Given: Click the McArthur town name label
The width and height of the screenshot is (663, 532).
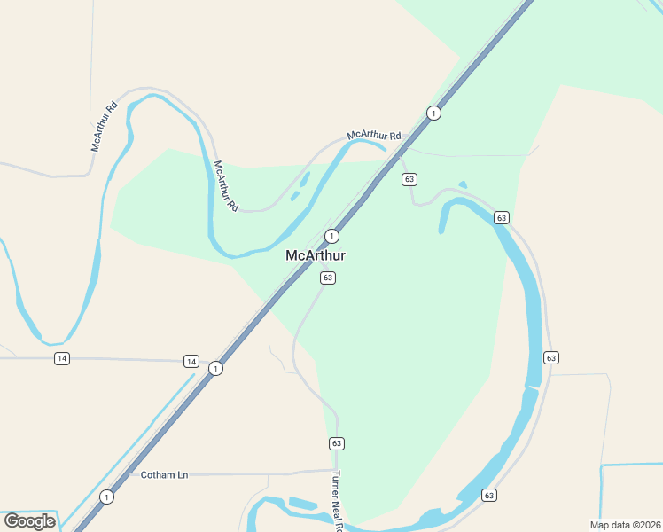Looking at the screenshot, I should pyautogui.click(x=316, y=255).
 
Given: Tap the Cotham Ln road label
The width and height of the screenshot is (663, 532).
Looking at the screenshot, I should pyautogui.click(x=165, y=475).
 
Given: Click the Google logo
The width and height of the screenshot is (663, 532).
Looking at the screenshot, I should pyautogui.click(x=29, y=520).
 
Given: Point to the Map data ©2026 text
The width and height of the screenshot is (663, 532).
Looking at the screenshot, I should pyautogui.click(x=625, y=524).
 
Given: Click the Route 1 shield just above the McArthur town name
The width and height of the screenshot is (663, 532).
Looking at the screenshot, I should pyautogui.click(x=331, y=236).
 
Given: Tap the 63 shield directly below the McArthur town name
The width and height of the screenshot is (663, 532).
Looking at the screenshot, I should pyautogui.click(x=328, y=278).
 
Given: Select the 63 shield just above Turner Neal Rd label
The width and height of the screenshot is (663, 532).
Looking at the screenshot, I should pyautogui.click(x=336, y=443).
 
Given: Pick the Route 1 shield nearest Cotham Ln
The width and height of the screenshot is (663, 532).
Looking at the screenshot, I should pyautogui.click(x=107, y=497).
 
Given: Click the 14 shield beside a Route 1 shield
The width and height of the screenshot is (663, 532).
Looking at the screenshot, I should pyautogui.click(x=191, y=361).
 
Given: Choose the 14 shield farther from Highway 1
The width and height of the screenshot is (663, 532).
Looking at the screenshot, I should pyautogui.click(x=61, y=358).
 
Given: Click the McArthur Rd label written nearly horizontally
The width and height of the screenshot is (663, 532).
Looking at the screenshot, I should pyautogui.click(x=374, y=136).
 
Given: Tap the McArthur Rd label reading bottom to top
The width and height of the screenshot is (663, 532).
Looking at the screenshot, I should pyautogui.click(x=105, y=128).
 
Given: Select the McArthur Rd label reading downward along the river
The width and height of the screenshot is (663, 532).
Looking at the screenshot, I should pyautogui.click(x=226, y=184).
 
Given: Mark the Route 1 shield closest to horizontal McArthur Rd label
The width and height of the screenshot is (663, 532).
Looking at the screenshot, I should pyautogui.click(x=433, y=113).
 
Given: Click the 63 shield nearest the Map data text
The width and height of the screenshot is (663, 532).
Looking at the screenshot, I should pyautogui.click(x=488, y=495).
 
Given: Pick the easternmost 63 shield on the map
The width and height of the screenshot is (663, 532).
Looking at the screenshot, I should pyautogui.click(x=551, y=357).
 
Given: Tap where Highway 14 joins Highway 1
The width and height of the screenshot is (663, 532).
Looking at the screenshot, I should pyautogui.click(x=211, y=363).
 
